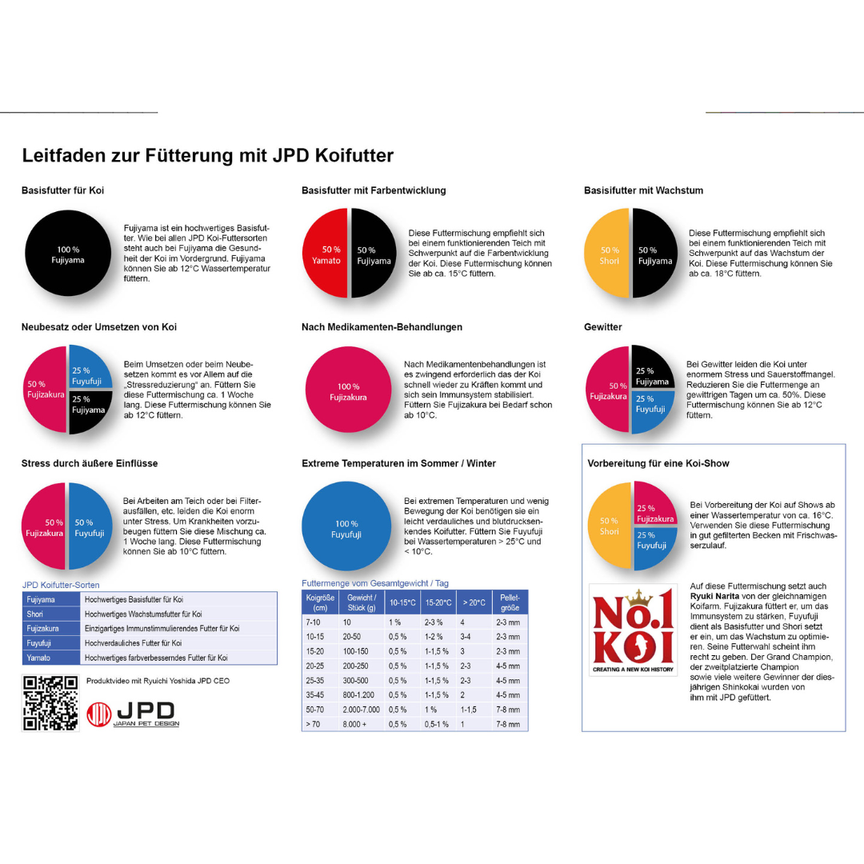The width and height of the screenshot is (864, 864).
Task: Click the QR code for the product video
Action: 50,703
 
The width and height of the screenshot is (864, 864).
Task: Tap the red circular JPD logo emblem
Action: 99,714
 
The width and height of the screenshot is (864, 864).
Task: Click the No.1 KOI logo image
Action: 633,630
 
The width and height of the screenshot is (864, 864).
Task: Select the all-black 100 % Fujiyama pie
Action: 68,253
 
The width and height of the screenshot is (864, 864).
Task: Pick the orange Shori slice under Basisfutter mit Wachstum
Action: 606,253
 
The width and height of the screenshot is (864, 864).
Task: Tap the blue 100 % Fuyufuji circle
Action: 346,526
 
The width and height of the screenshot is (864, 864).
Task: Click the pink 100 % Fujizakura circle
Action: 348,390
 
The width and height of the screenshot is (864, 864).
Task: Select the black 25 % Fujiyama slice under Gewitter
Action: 653,367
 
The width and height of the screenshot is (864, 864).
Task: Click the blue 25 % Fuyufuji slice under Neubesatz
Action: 90,367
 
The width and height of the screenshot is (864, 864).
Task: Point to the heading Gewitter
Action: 603,326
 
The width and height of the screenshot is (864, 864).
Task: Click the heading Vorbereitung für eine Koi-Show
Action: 658,463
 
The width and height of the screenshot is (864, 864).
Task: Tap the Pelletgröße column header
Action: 510,602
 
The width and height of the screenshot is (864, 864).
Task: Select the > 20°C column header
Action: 474,602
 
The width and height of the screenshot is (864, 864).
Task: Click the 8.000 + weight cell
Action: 354,724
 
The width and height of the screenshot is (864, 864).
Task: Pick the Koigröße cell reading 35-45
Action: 315,695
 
